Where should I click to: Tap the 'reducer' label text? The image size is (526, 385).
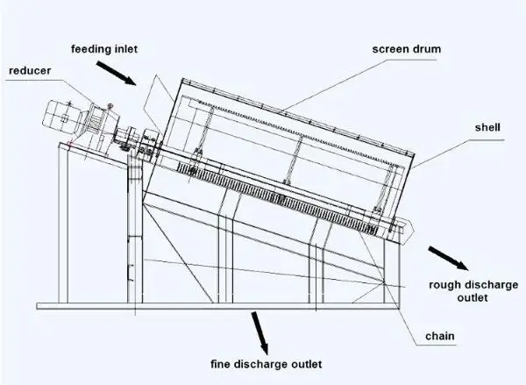(x=28, y=69)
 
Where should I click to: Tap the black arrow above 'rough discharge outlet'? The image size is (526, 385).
(x=448, y=258)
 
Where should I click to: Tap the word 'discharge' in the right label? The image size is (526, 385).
(x=484, y=285)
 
